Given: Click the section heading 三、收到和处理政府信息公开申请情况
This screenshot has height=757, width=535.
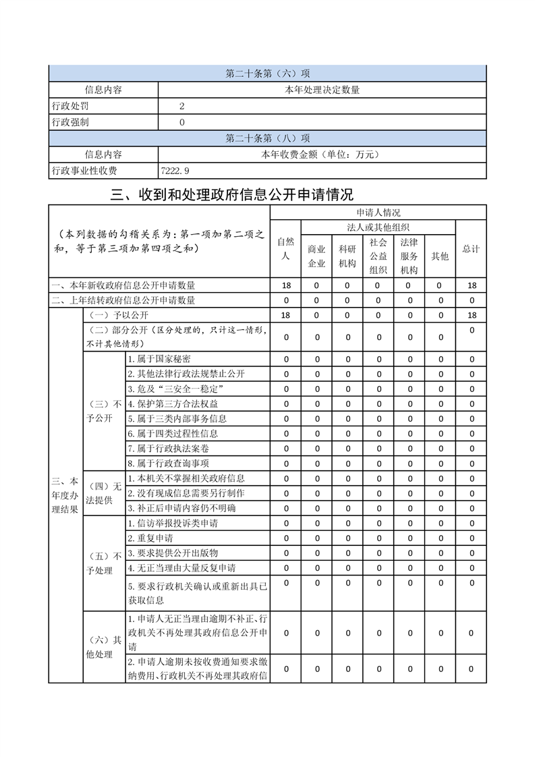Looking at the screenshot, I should [232, 195].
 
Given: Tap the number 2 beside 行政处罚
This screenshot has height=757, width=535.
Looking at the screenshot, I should [182, 106].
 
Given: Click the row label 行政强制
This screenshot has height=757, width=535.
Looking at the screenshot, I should [70, 122].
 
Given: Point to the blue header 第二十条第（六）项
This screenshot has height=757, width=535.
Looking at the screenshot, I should [267, 74].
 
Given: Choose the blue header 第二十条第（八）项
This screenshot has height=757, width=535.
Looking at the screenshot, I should [267, 138].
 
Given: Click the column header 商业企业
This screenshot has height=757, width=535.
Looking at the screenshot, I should [317, 256].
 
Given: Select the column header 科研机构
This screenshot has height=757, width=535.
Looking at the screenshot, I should [347, 256].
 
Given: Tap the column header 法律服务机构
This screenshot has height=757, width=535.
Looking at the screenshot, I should [409, 256].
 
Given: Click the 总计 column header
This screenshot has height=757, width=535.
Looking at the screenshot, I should [471, 248].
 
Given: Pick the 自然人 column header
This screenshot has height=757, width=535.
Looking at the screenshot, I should [285, 248].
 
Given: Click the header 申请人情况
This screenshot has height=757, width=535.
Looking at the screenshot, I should [378, 212].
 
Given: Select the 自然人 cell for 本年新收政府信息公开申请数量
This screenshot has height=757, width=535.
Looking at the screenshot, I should [285, 285].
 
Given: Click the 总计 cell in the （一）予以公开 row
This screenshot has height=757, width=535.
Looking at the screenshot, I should [472, 315].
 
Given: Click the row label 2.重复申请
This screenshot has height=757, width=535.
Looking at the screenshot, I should [150, 538].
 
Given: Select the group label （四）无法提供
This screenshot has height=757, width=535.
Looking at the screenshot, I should [103, 493].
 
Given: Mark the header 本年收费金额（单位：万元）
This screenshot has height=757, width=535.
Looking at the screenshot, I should [321, 155].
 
